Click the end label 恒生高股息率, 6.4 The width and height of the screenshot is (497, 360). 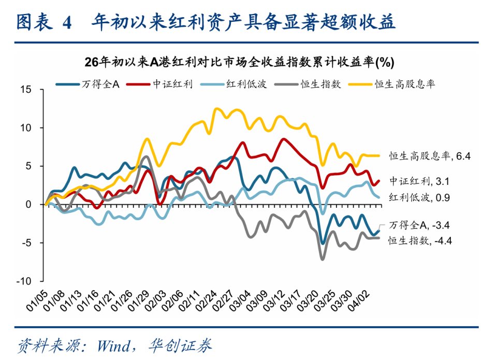tap(423, 155)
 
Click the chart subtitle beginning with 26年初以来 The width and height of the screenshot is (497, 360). tap(239, 62)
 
